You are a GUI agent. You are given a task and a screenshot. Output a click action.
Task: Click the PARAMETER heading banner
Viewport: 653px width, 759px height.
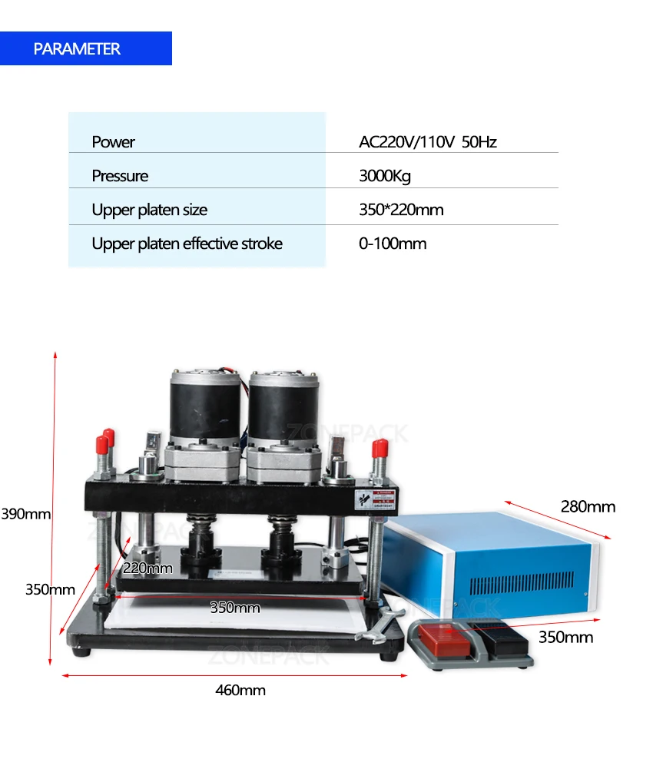click(x=85, y=48)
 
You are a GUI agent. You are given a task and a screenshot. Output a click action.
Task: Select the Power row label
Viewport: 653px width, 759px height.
click(x=113, y=142)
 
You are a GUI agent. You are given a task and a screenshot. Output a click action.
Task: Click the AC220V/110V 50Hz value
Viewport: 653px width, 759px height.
click(x=427, y=142)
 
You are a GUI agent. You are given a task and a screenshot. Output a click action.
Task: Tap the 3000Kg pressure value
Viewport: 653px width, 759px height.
click(x=385, y=176)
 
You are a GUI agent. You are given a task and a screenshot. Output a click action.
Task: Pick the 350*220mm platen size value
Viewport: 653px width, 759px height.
click(x=401, y=210)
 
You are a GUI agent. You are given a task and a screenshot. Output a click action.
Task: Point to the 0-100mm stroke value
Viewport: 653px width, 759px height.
click(x=392, y=244)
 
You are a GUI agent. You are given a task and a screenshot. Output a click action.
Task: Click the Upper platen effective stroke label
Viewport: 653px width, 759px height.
click(x=187, y=244)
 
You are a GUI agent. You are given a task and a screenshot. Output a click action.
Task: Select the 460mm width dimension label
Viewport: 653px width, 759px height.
click(x=240, y=690)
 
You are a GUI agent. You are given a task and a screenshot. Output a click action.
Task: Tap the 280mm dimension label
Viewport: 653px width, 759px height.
click(x=588, y=506)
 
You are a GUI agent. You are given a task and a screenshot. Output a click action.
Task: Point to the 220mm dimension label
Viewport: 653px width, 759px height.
click(x=148, y=568)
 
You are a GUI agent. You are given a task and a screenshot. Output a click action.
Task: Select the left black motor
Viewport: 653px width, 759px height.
click(x=204, y=407)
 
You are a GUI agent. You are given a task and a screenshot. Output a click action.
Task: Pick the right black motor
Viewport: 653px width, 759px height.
click(x=280, y=407)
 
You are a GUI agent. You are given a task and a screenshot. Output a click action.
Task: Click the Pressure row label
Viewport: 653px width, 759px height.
click(x=120, y=176)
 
